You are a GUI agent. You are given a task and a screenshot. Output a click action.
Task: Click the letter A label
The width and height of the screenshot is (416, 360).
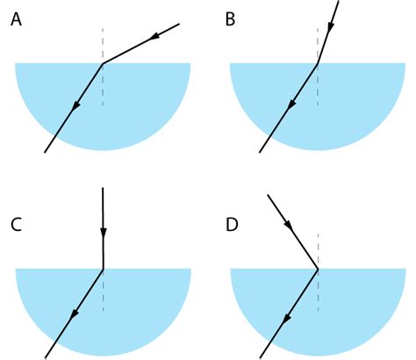pos(17,19)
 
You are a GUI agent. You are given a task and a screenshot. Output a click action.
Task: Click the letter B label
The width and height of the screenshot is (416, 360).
pos(231,19)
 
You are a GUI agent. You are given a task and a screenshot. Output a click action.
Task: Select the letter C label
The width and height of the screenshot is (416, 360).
pos(17,225)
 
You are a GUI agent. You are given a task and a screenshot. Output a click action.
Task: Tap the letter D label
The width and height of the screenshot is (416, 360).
pos(232,225)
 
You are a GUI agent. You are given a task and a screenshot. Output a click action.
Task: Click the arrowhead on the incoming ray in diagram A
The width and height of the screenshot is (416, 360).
pos(156,36)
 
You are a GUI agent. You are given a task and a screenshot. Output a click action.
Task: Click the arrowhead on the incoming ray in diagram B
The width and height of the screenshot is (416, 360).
pos(331,28)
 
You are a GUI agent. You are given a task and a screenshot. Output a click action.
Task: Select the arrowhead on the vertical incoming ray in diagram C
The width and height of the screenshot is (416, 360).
pos(104,233)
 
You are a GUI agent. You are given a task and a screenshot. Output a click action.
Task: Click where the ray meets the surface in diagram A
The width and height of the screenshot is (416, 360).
pos(103,63)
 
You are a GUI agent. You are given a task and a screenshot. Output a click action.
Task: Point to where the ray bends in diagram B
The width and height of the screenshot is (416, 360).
pos(317,63)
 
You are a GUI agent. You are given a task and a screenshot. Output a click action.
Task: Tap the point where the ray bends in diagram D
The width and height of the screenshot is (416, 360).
pos(317,269)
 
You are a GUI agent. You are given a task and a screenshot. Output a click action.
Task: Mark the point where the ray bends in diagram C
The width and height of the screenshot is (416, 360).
pos(103,269)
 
